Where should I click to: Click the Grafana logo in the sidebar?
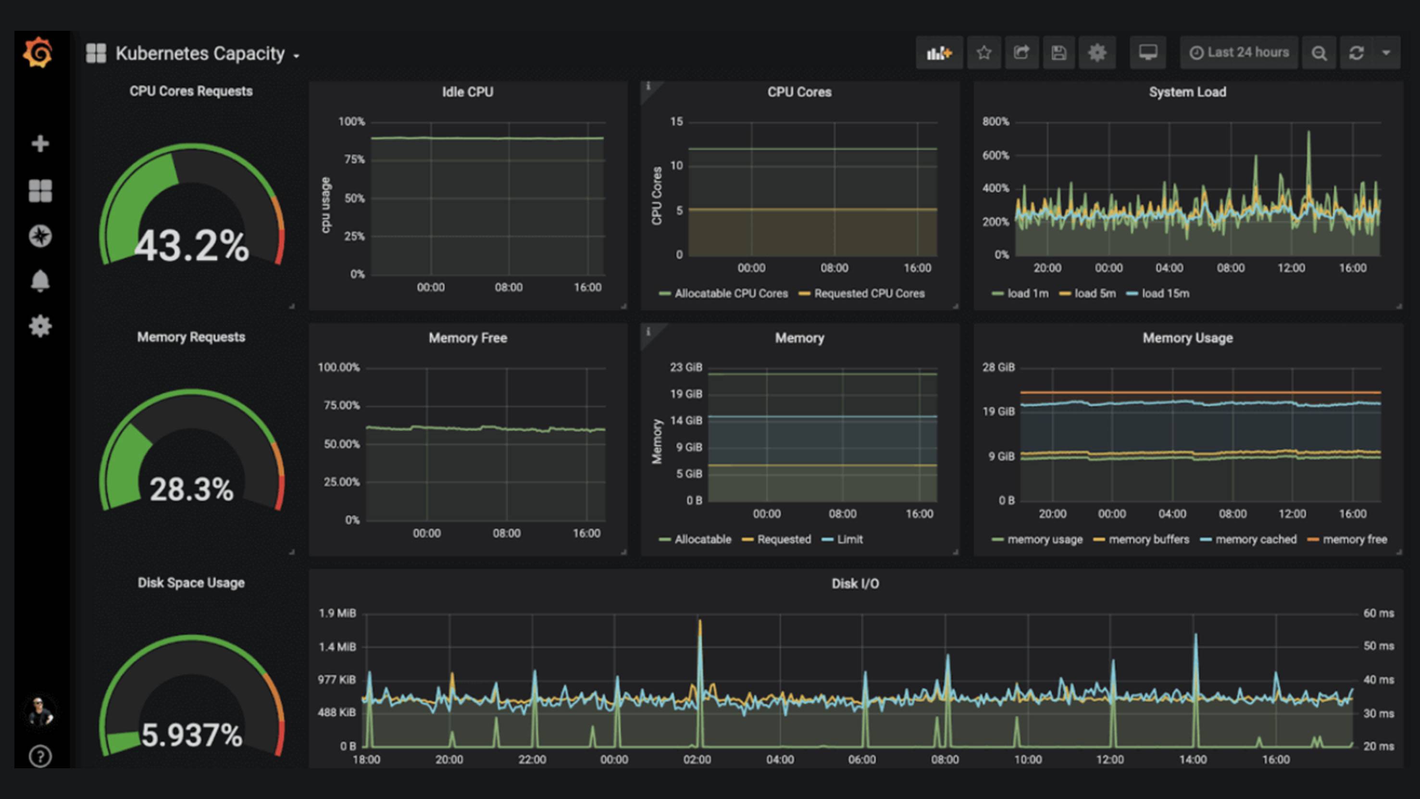38,53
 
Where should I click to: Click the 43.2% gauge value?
191,246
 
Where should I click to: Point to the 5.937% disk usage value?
191,735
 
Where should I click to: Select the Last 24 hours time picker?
1239,53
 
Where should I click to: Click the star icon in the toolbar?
984,53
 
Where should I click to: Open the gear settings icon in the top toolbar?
1097,53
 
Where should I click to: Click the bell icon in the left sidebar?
40,281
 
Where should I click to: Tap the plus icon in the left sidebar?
40,144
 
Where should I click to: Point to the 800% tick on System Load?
996,122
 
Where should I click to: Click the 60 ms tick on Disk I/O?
1378,613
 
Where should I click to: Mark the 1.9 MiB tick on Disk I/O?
337,613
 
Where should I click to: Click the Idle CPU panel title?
467,92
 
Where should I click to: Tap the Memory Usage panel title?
1187,338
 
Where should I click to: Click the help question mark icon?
40,757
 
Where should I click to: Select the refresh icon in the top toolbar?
1357,53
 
